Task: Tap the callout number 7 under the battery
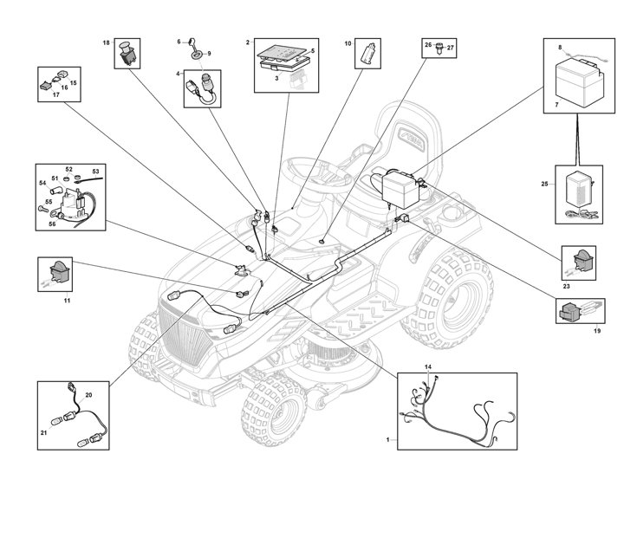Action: click(547, 106)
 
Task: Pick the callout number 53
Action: click(95, 172)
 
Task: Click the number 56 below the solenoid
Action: click(51, 223)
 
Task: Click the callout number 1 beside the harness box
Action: click(387, 441)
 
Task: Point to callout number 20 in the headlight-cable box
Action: click(88, 395)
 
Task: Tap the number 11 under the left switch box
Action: click(67, 300)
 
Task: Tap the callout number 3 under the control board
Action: click(276, 78)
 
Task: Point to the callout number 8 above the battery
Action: click(560, 47)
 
